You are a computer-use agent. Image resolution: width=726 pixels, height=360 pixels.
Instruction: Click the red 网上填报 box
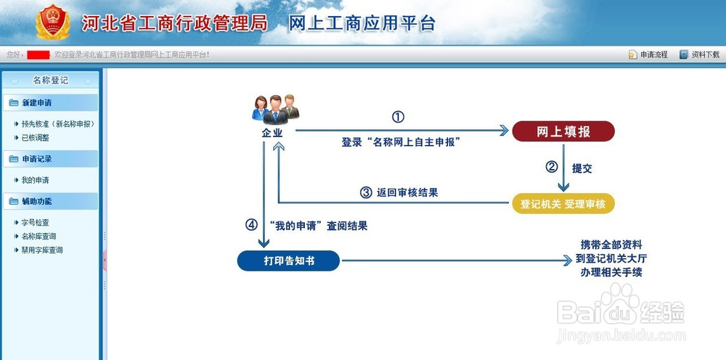(563, 131)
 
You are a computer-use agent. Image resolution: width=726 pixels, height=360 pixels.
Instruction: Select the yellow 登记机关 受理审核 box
(563, 204)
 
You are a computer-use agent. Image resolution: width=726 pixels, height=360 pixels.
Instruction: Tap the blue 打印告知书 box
(288, 261)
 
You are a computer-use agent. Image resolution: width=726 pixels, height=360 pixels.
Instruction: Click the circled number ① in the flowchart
(398, 117)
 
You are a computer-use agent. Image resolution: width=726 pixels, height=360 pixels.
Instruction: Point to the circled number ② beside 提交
(551, 167)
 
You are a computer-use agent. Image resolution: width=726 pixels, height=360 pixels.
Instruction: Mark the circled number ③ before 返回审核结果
(366, 192)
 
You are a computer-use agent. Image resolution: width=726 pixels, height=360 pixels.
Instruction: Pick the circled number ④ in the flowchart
(251, 225)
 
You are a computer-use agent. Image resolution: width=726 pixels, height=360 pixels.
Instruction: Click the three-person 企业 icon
(275, 109)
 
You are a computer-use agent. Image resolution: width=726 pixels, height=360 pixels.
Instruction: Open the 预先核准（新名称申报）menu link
(58, 124)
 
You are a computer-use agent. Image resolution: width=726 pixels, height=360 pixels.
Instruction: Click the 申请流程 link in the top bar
(648, 54)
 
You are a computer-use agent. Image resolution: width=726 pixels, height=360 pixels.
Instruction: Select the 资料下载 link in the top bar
(700, 54)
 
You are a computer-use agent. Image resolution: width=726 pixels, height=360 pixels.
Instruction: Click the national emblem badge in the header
(53, 22)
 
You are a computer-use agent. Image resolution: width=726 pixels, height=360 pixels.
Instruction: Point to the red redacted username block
(38, 55)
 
